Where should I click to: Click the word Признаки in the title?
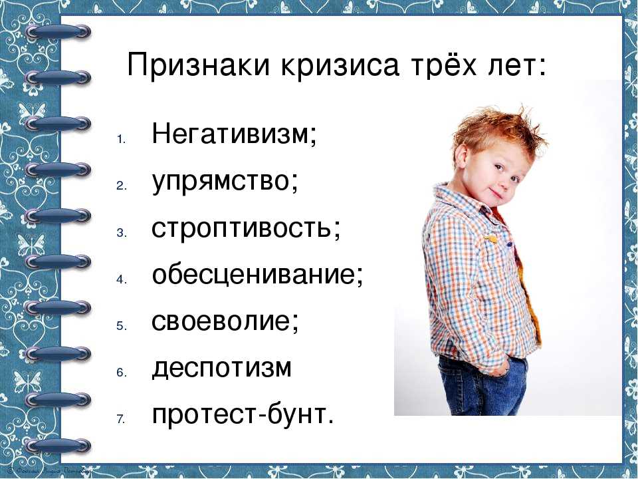tap(199, 65)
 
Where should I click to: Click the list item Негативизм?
tap(231, 134)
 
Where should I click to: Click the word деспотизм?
tap(222, 368)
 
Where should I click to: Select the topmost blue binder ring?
tap(58, 31)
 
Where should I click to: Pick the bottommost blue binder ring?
tap(58, 445)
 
